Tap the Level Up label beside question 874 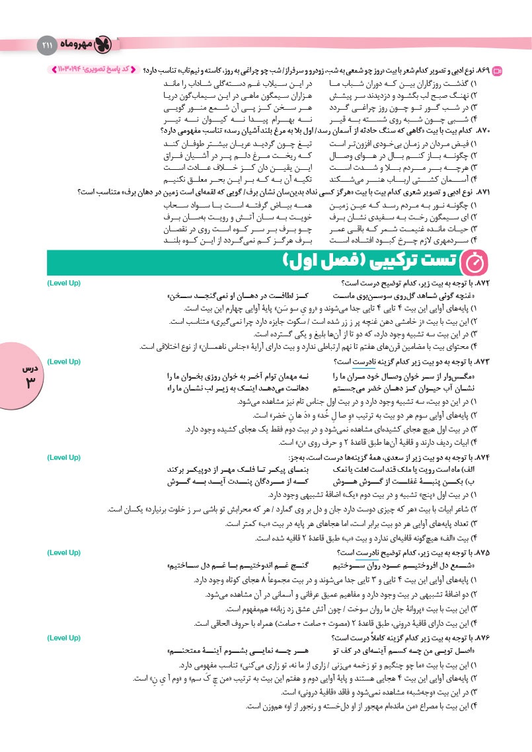tap(65, 457)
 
